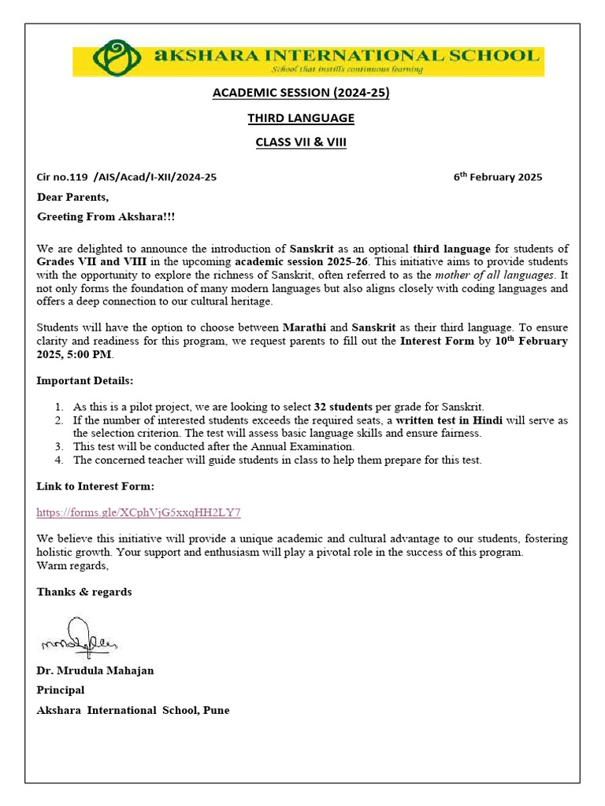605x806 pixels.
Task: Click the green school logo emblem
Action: (x=117, y=59)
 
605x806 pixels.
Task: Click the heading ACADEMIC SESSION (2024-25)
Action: (x=301, y=94)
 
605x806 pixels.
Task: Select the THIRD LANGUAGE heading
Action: (x=301, y=118)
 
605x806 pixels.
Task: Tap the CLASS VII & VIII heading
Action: (x=301, y=142)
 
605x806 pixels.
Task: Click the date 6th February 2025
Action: (x=497, y=176)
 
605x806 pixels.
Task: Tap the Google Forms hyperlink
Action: (x=139, y=512)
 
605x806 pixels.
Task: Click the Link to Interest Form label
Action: (x=95, y=486)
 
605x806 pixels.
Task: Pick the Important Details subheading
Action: (x=85, y=381)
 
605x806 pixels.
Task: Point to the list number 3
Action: (x=59, y=446)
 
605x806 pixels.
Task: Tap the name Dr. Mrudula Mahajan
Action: (x=95, y=670)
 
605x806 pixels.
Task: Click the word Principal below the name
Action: (x=61, y=690)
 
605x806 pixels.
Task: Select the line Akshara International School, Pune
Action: (x=133, y=710)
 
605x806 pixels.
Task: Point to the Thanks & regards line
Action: (x=84, y=591)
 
